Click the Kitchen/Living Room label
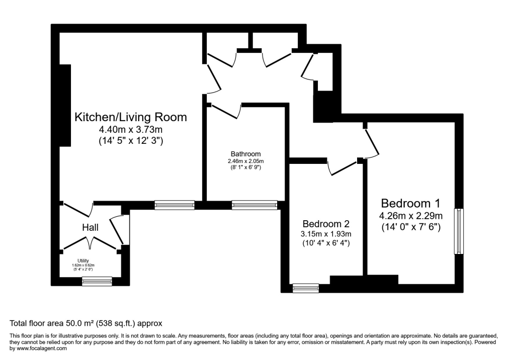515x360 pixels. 131,117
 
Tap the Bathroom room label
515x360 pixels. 245,154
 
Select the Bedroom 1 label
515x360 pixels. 410,203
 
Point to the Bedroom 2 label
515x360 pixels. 326,224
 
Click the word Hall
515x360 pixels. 91,227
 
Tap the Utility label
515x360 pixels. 83,260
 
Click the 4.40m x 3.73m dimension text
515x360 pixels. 131,129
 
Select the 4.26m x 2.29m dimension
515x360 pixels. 411,216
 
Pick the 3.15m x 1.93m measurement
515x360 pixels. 326,234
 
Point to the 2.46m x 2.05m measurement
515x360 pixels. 245,161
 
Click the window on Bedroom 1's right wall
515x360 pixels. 459,231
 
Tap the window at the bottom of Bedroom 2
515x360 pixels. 306,288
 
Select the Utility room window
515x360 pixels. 97,281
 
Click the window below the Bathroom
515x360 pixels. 254,205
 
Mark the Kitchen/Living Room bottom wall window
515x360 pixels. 175,205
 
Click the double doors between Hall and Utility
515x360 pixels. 90,242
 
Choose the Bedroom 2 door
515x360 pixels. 342,167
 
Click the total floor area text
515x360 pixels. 85,323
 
